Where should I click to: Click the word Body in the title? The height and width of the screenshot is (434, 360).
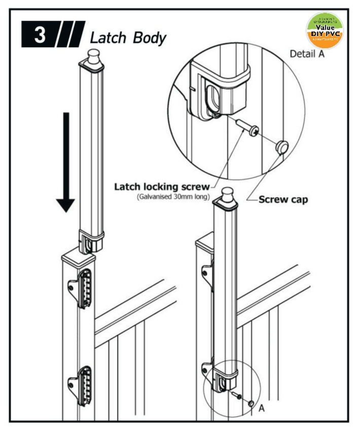click(150, 38)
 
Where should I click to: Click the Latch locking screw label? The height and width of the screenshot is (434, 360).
click(162, 187)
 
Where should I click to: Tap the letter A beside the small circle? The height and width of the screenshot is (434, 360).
click(262, 408)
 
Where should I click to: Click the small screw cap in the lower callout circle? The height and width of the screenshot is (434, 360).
click(250, 403)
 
